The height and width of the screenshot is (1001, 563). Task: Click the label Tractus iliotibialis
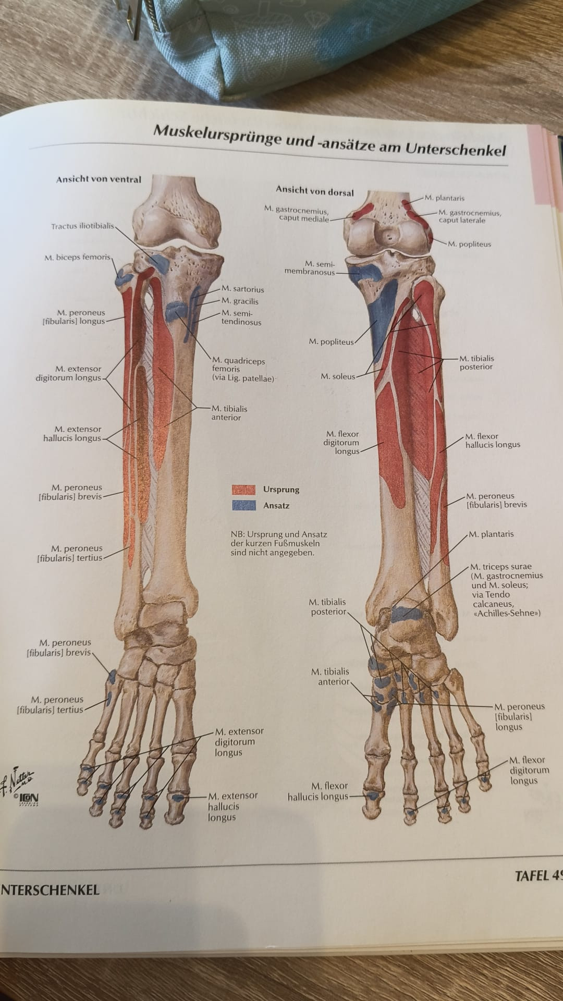tap(82, 226)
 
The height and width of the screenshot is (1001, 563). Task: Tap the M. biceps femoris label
tap(77, 257)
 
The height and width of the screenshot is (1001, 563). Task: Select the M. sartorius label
tap(242, 289)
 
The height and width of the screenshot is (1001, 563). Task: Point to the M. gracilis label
tap(240, 301)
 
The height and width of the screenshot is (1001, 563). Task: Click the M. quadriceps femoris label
tap(242, 370)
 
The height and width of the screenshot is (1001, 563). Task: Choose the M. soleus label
tap(337, 376)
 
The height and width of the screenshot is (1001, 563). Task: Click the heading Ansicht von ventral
tap(99, 179)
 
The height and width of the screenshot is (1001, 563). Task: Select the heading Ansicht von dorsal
tap(315, 191)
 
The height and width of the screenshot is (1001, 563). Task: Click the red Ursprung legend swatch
tap(243, 490)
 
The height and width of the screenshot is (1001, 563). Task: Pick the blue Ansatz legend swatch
tap(243, 505)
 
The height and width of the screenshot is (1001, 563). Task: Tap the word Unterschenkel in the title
tap(456, 150)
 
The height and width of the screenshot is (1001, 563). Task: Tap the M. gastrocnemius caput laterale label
tap(470, 216)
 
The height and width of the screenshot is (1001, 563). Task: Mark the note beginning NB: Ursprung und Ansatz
tap(279, 543)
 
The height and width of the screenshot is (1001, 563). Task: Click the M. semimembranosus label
tap(310, 268)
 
